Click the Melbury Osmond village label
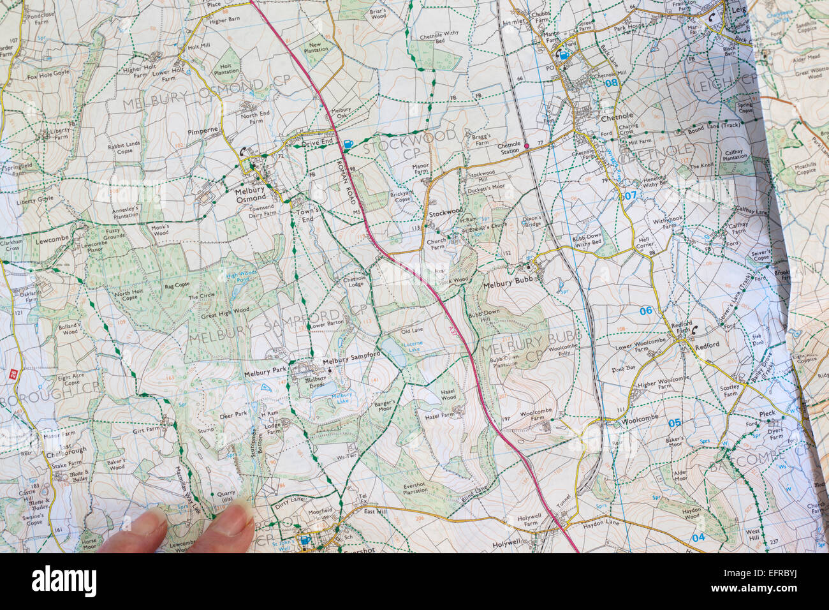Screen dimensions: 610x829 [250, 195]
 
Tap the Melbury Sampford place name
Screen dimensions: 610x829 [351, 361]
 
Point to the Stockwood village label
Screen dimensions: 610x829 [444, 212]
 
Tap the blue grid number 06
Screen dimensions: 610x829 [646, 311]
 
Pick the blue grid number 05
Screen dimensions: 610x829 [674, 422]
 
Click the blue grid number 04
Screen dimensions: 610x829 [698, 537]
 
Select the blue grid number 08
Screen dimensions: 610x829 [612, 83]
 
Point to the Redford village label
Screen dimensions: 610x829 [707, 345]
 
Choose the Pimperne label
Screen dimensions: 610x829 [203, 129]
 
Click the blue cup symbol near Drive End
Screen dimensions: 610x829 [348, 145]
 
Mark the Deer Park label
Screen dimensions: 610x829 [232, 414]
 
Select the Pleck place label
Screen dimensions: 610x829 [767, 413]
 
